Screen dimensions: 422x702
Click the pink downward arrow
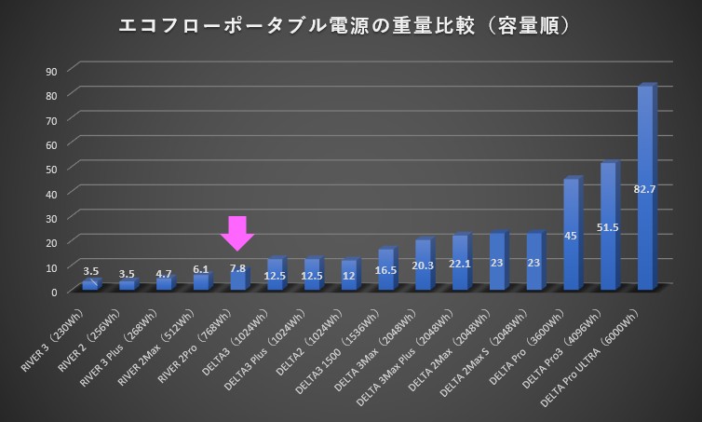237,233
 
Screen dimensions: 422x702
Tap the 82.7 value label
645,189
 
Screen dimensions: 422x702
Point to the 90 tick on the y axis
51,71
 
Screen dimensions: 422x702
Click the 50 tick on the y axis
51,169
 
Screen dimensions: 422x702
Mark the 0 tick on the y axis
54,292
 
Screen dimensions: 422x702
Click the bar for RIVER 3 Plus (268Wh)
165,284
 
